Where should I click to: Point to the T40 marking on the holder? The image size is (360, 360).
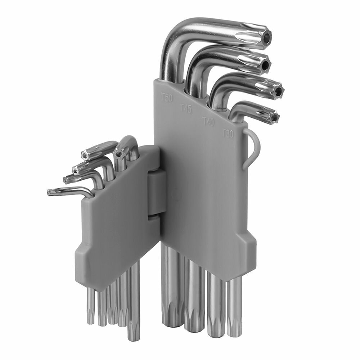click(208, 122)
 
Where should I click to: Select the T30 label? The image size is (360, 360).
click(228, 133)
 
